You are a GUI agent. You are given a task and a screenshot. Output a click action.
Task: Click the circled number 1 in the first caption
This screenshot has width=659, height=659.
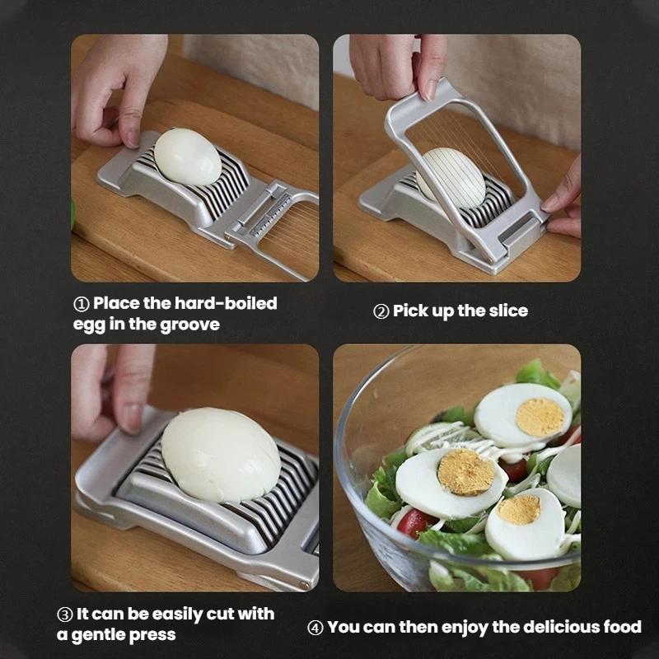coord(81,304)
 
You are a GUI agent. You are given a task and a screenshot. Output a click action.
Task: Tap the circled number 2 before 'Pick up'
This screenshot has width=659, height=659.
coord(381,311)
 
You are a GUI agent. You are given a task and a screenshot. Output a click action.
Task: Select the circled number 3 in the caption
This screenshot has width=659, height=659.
coord(64,615)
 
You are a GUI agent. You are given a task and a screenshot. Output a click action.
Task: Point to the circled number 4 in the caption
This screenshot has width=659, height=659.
coord(315,628)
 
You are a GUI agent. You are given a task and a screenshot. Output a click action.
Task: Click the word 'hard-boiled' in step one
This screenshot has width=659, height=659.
coord(226,303)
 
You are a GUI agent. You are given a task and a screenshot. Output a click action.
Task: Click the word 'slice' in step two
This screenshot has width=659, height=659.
coord(507,311)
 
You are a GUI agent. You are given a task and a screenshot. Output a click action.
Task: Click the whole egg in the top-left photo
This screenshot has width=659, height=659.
coord(188,156)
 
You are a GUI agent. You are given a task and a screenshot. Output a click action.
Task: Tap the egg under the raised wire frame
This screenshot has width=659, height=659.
coord(451,176)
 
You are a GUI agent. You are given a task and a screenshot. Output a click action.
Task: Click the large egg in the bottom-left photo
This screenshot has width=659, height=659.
coord(220,456)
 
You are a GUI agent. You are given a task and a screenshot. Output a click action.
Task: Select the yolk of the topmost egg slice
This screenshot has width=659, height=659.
coord(540,417)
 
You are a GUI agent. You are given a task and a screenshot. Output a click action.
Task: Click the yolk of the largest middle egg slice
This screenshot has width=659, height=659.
coord(465,471)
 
